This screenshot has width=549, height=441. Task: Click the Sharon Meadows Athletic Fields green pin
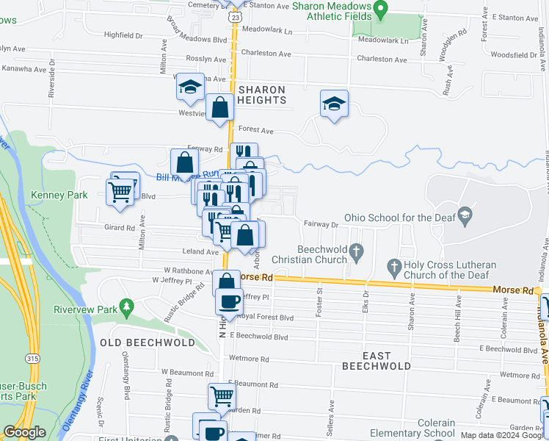[380, 10]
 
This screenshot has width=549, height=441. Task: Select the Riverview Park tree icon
[127, 305]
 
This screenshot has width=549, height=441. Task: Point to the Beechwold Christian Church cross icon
[357, 254]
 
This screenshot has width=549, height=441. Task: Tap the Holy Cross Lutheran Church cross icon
[394, 266]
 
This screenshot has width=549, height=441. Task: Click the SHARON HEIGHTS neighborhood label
[261, 96]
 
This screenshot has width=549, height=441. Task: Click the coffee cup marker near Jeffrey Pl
[228, 301]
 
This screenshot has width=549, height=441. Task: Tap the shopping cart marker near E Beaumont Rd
[221, 396]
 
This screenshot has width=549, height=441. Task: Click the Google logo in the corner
[25, 432]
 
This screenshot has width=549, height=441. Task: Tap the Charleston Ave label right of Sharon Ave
[382, 59]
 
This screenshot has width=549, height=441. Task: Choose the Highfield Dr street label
[123, 35]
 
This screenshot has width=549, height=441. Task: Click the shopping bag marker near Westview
[219, 108]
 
